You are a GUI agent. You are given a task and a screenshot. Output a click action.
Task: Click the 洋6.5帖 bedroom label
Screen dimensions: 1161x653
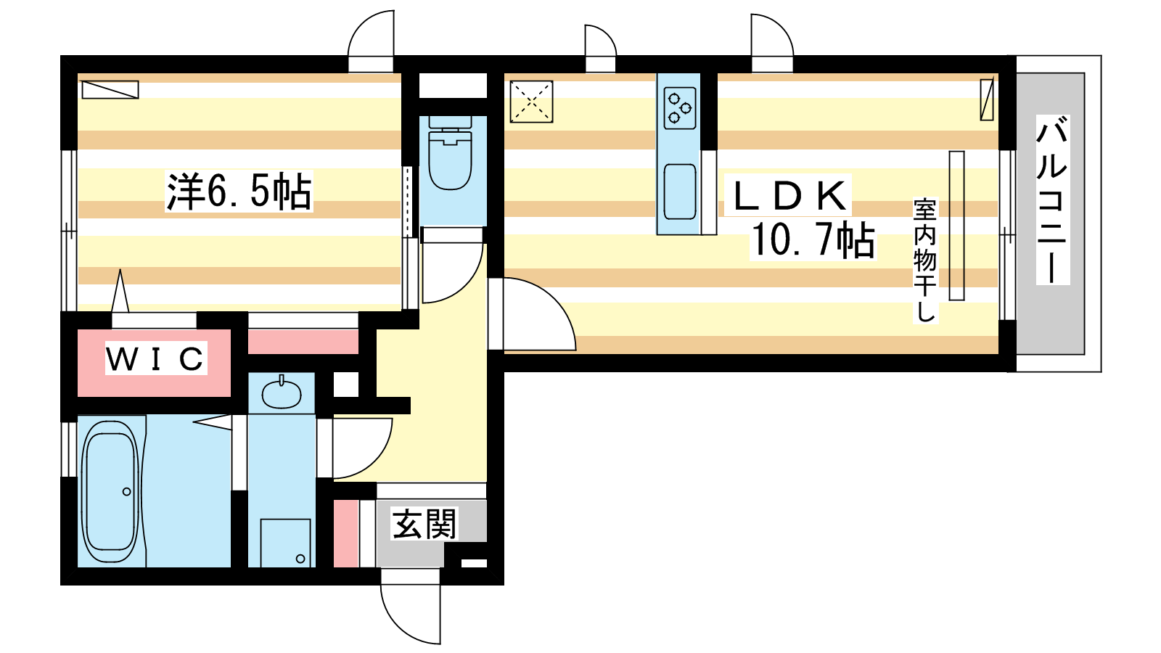click(x=239, y=191)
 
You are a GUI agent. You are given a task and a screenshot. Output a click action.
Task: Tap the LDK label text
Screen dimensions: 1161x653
click(x=788, y=195)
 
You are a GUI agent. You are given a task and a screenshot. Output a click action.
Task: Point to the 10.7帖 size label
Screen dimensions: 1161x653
click(x=813, y=240)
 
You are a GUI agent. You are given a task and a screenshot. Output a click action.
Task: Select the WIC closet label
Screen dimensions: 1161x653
click(x=155, y=358)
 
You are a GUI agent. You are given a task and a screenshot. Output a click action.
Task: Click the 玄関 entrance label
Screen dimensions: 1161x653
click(x=424, y=523)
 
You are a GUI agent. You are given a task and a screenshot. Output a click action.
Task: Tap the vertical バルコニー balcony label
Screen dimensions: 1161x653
click(x=1053, y=200)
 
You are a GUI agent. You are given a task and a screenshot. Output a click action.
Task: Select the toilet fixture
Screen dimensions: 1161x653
click(x=451, y=152)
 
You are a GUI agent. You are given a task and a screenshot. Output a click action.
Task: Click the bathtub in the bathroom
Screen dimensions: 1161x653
click(x=111, y=491)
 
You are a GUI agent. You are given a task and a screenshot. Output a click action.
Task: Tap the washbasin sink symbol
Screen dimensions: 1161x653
click(x=282, y=395)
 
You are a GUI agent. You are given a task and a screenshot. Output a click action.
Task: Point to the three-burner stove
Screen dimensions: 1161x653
click(x=679, y=108)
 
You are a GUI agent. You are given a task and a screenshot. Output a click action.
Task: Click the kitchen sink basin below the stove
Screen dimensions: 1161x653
click(x=679, y=192)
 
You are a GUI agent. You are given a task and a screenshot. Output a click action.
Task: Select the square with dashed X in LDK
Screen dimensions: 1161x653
click(x=531, y=102)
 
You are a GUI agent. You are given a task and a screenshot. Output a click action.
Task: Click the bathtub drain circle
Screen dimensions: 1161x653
click(x=126, y=491)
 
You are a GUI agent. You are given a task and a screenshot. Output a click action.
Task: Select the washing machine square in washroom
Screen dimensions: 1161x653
click(x=286, y=543)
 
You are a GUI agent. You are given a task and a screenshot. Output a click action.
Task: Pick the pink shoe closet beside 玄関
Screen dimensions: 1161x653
click(x=345, y=533)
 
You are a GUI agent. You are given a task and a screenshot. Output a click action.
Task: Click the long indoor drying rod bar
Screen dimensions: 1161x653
click(x=957, y=226)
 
